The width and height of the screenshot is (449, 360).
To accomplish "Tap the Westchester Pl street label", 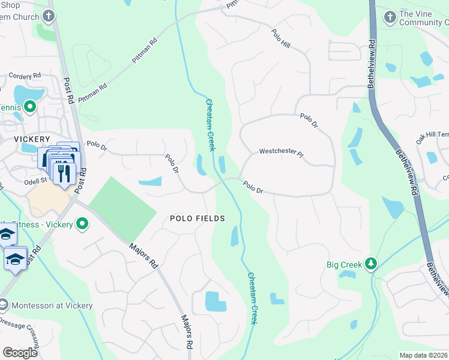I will (x=282, y=152).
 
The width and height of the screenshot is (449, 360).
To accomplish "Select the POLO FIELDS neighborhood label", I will (x=197, y=218).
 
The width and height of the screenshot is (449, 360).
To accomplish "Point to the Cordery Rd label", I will (x=25, y=76).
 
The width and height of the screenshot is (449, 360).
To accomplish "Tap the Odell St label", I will (x=35, y=179).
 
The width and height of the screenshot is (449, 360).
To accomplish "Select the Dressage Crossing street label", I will (x=19, y=334).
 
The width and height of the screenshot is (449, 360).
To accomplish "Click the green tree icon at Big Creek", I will (x=371, y=263).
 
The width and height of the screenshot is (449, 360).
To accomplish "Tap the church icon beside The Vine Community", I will (x=390, y=17).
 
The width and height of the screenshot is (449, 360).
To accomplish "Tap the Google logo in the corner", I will (x=20, y=353).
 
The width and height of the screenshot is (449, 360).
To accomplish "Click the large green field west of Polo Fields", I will (x=123, y=207).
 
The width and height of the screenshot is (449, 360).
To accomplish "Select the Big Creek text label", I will (x=345, y=264).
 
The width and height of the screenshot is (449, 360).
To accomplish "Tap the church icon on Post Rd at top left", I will (x=50, y=16).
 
